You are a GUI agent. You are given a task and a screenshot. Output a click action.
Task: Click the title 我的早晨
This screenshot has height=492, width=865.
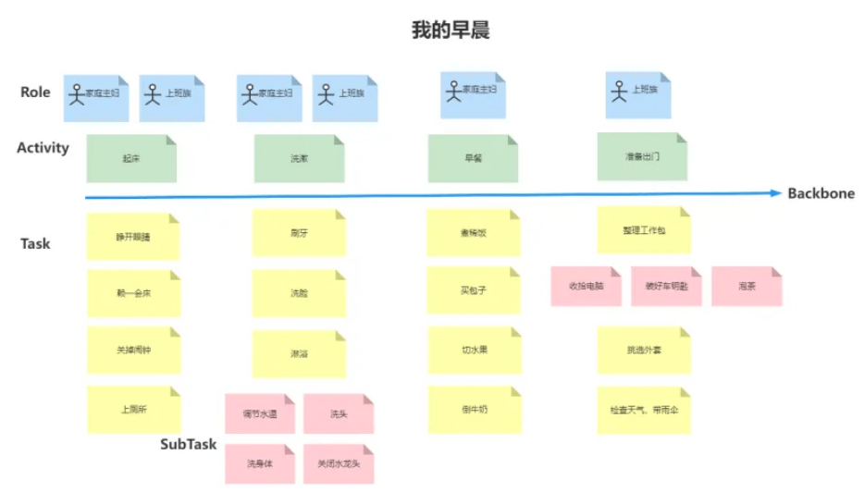click(451, 30)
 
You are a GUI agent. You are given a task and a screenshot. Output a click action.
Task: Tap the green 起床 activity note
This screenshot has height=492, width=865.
click(132, 158)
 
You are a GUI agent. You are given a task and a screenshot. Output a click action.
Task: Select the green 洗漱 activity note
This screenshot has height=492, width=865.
click(299, 159)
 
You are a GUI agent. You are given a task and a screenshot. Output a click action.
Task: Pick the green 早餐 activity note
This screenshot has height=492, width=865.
click(473, 159)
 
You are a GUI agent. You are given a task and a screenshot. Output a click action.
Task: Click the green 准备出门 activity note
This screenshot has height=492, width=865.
click(642, 157)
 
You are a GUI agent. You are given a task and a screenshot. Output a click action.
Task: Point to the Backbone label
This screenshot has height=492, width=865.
click(821, 193)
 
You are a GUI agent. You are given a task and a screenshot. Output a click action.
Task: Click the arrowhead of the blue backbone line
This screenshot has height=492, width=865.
click(776, 193)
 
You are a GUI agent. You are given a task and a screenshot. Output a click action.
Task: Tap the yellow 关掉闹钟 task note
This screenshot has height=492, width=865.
click(132, 350)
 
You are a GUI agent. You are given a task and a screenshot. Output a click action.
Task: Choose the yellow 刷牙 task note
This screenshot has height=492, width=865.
click(299, 234)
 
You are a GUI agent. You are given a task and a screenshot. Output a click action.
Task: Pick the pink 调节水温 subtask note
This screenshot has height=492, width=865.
click(260, 414)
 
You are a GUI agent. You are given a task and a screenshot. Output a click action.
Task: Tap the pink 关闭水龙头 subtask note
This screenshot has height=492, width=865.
click(339, 463)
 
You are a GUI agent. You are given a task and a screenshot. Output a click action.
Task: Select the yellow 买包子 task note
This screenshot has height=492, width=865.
click(473, 290)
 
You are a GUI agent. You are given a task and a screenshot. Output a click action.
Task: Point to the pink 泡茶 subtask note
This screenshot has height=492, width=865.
click(747, 287)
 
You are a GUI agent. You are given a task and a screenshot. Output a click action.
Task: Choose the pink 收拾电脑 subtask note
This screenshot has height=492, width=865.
click(586, 287)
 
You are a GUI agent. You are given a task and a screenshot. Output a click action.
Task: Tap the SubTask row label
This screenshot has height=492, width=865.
click(188, 444)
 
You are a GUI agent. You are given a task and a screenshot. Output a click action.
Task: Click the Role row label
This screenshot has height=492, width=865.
click(35, 92)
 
